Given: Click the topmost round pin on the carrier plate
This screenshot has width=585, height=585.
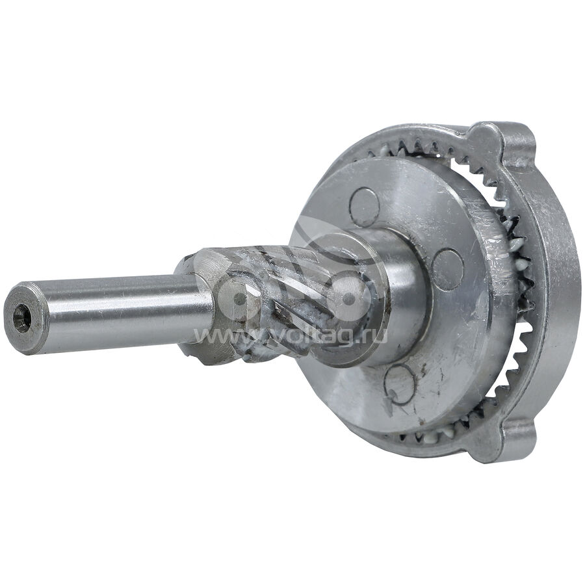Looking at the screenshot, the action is (x=365, y=207).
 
